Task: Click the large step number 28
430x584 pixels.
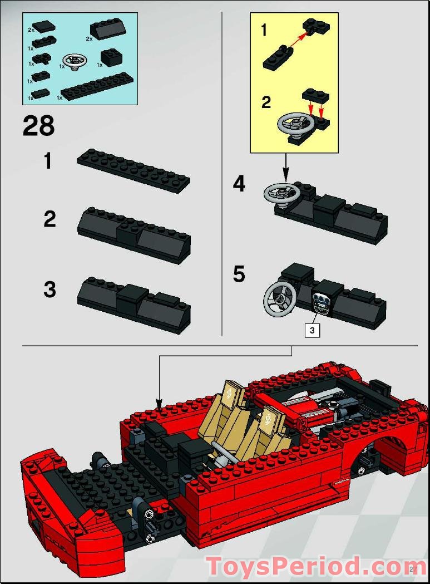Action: pos(38,126)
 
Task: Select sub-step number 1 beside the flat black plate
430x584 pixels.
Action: pos(49,161)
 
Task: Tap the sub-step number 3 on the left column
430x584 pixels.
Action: pos(50,289)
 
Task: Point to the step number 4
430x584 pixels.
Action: pos(239,184)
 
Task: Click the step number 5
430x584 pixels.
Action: pos(239,274)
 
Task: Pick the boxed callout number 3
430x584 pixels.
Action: pos(313,330)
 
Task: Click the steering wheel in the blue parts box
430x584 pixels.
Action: pos(73,61)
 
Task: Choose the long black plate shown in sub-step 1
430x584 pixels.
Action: pos(134,170)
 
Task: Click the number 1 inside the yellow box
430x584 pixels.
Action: pos(264,30)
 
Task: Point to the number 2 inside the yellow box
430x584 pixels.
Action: pos(266,102)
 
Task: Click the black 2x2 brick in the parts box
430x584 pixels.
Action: pos(112,57)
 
